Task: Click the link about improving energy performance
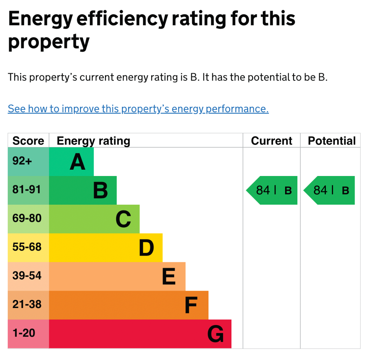tap(138, 109)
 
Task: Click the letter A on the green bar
tap(77, 162)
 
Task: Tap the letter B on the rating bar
tap(100, 191)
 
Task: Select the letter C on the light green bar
tap(123, 219)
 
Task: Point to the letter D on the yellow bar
tap(146, 248)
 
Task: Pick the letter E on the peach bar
tap(169, 277)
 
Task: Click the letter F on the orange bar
tap(191, 305)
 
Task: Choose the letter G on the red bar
tap(215, 334)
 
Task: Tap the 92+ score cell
tap(22, 161)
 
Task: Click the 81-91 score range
tap(27, 190)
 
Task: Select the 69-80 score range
tap(27, 219)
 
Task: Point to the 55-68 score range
tap(27, 247)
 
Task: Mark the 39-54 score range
tap(27, 276)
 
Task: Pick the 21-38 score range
tap(27, 305)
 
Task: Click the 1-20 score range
tap(24, 333)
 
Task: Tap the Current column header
tap(271, 141)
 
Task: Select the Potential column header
tap(332, 141)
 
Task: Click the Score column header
tap(28, 141)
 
